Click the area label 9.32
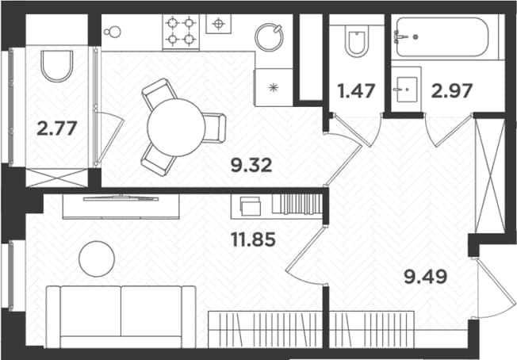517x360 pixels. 251,165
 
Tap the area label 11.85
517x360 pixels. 253,239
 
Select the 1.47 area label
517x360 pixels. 356,91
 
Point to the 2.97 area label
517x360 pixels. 452,90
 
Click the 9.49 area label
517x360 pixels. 426,277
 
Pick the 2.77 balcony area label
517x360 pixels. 57,128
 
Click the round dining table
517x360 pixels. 176,128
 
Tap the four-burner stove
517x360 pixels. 181,32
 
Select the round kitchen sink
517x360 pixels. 270,37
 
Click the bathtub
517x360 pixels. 442,37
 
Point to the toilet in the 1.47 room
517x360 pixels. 356,40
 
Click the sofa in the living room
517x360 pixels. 121,316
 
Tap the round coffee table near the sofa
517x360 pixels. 97,259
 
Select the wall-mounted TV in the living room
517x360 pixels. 121,199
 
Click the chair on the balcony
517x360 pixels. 57,66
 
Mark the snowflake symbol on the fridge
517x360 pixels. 274,88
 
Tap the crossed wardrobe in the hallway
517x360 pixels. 490,175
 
